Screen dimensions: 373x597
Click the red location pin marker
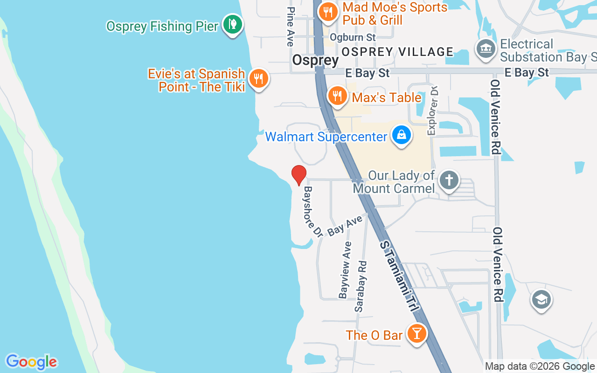[298, 174]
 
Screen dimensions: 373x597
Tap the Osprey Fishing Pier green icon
[232, 24]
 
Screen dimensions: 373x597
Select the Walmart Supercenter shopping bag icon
[401, 136]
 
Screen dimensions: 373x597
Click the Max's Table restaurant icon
[337, 96]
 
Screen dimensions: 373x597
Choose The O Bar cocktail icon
[416, 334]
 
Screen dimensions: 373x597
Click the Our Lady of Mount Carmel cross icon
[449, 180]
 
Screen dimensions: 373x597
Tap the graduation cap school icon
[541, 300]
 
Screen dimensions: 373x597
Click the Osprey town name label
[315, 60]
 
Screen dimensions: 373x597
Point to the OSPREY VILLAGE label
[397, 52]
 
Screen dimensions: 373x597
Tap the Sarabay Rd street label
[361, 286]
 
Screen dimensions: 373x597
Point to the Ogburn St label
[353, 37]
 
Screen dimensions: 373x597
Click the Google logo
[32, 362]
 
